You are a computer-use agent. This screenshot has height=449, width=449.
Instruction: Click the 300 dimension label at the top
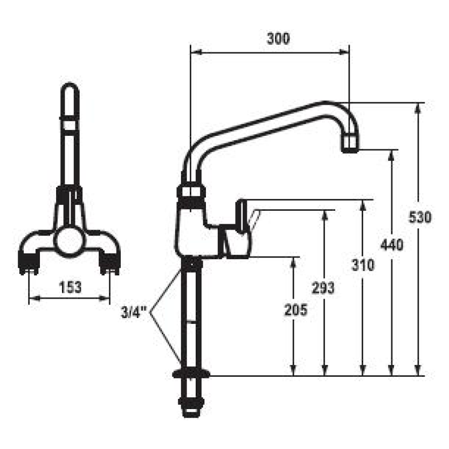tap(278, 39)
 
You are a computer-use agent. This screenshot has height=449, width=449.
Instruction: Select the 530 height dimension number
tap(419, 217)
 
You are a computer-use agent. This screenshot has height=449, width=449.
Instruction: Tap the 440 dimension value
tap(391, 245)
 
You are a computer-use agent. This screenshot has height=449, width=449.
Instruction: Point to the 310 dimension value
tap(363, 265)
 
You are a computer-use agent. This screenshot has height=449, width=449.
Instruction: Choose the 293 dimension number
tap(323, 288)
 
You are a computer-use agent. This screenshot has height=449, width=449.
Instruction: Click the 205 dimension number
tap(296, 309)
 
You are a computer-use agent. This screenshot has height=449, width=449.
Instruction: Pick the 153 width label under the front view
tap(70, 287)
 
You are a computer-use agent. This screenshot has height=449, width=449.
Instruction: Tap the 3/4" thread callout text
tap(134, 312)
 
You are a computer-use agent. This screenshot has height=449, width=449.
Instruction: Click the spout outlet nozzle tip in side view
tap(350, 144)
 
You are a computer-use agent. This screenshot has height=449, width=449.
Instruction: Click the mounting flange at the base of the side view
tap(191, 374)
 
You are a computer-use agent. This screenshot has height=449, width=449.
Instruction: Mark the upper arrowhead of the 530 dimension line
tap(418, 108)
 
